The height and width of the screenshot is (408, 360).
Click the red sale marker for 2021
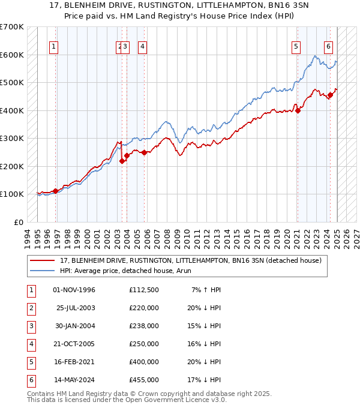tap(298, 110)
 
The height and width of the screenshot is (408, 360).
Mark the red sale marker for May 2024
tap(330, 95)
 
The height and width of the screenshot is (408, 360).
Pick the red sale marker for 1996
tap(56, 191)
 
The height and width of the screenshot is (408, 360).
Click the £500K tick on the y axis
tap(12, 82)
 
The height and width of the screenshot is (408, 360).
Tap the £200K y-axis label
tap(12, 166)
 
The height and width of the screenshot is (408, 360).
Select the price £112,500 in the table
tap(144, 290)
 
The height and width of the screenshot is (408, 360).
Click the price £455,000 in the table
tap(144, 380)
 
